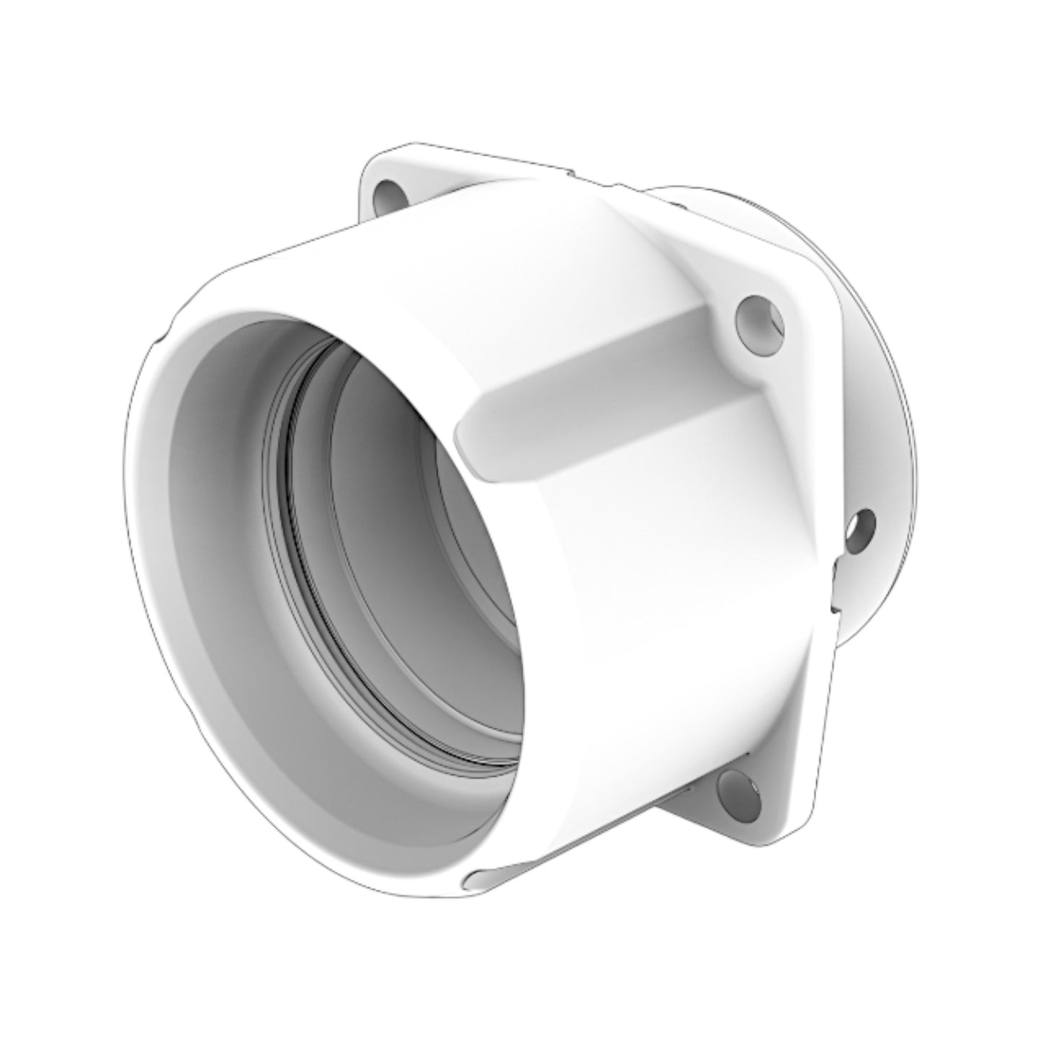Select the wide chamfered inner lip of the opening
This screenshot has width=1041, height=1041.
click(x=216, y=576)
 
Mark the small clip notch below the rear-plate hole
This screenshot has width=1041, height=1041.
click(x=836, y=584)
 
